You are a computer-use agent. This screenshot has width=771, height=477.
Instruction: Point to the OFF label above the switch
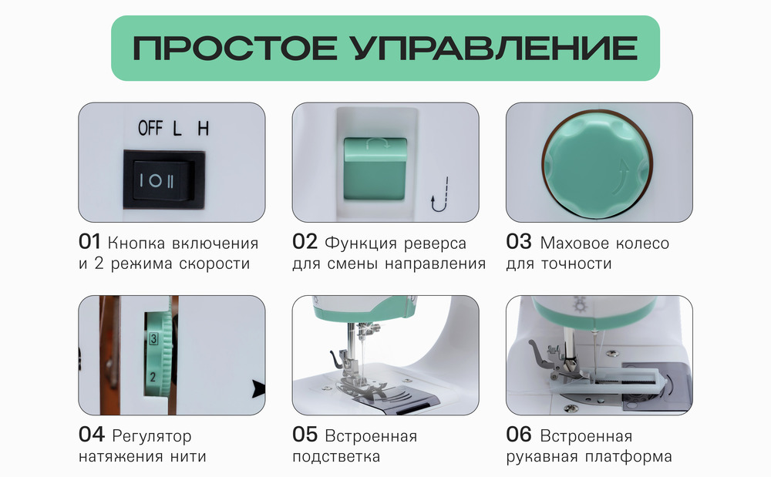[150, 128]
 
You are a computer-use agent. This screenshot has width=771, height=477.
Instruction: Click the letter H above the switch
[203, 128]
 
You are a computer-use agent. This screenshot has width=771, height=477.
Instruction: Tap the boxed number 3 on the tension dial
[154, 340]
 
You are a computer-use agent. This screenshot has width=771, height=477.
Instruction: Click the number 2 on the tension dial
[153, 377]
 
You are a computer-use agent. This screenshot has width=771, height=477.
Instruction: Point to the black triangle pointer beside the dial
[258, 386]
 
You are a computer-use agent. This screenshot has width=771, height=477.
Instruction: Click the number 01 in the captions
[90, 243]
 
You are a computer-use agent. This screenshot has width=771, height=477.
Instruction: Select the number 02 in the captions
[305, 243]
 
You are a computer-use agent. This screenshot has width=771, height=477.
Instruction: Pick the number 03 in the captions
[519, 243]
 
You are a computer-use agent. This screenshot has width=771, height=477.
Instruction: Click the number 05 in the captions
[305, 435]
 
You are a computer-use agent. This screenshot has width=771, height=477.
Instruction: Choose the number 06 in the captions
[519, 435]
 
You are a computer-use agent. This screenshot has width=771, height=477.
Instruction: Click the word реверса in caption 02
[436, 244]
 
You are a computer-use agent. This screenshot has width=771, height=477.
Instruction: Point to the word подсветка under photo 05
[336, 456]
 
